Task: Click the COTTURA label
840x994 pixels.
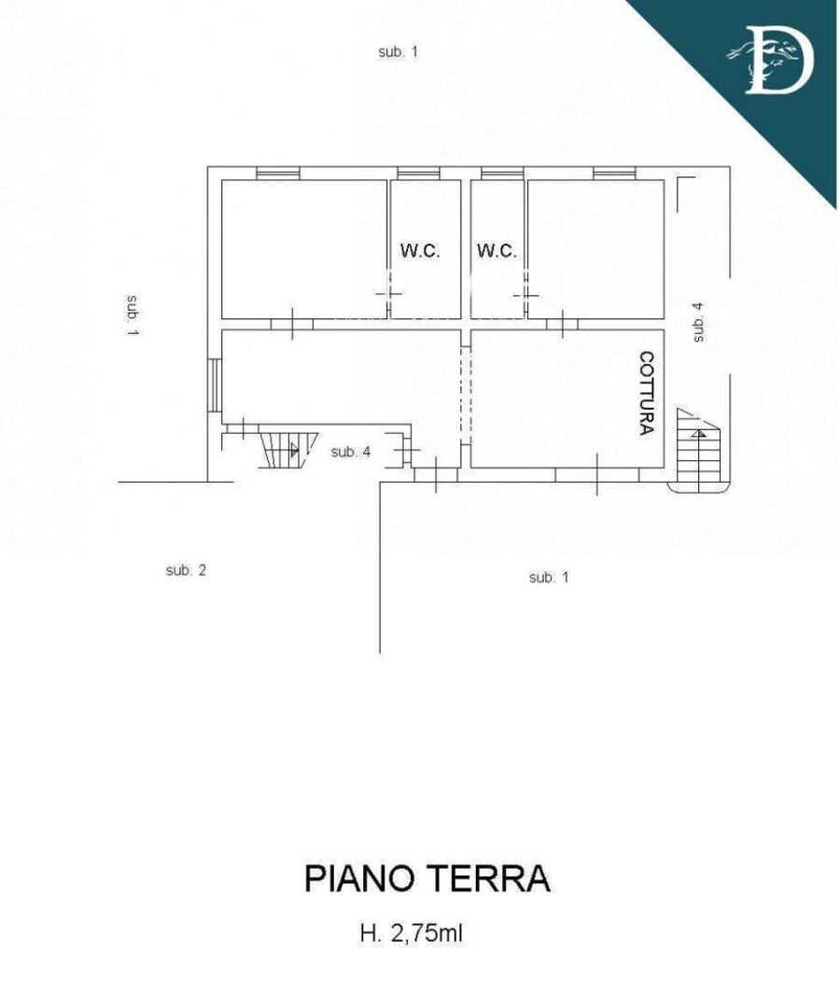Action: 646,393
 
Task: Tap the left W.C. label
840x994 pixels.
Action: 420,250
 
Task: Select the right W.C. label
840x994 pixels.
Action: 497,250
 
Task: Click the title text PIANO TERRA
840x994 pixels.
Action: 427,878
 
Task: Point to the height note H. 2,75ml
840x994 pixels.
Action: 411,933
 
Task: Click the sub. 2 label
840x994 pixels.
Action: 186,570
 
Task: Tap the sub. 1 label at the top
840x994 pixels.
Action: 399,52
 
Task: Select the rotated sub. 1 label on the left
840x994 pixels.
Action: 133,315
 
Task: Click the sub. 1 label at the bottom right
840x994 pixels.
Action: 549,578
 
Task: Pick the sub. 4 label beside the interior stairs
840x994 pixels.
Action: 351,452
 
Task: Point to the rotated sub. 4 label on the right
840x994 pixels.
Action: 698,322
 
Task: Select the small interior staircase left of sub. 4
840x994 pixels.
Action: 287,450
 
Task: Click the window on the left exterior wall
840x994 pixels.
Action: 215,385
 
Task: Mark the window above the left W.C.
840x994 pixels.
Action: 418,173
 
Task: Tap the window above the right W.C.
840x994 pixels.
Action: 502,173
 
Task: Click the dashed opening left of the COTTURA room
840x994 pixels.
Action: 466,394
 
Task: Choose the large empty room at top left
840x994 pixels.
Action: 304,249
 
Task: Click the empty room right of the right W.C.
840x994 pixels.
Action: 595,249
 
